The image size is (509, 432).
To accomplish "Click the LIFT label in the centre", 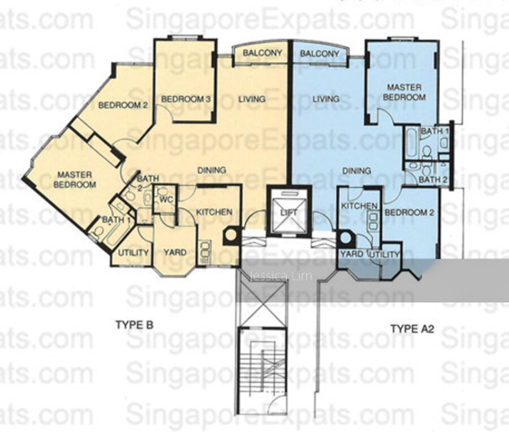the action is coord(288,213).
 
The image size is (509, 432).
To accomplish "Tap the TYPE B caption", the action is coord(134,325).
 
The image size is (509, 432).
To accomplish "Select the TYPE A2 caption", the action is coord(412,329).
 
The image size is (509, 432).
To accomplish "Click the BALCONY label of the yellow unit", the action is coord(262,53).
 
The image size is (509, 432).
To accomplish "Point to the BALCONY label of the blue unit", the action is coord(320,54).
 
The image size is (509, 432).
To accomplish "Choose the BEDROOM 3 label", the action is coord(186,99).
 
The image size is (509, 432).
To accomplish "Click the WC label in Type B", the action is coord(166,200).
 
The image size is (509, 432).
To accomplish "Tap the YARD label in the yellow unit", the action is coord(175,253).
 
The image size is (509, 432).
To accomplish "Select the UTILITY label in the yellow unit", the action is coord(133,253).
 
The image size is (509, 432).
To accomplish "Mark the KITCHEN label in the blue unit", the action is coord(359,206).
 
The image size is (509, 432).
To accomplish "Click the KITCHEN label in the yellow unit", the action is coord(214,212).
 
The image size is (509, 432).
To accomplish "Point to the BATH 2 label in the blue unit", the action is coord(433,179).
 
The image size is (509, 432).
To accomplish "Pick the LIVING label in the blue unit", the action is coord(326,98).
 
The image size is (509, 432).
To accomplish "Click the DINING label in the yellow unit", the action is coord(212,170).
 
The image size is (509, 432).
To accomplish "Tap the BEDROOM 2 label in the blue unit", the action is coord(409,213).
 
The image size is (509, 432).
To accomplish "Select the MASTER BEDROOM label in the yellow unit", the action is coord(75,180).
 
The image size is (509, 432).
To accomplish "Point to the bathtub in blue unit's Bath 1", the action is coord(411,143).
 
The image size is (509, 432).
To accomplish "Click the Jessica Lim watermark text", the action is coord(281,276).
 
